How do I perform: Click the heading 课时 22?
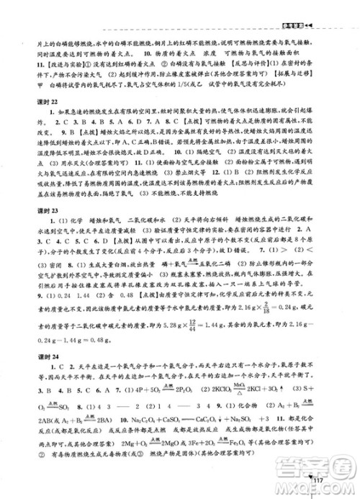tap(34, 139)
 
